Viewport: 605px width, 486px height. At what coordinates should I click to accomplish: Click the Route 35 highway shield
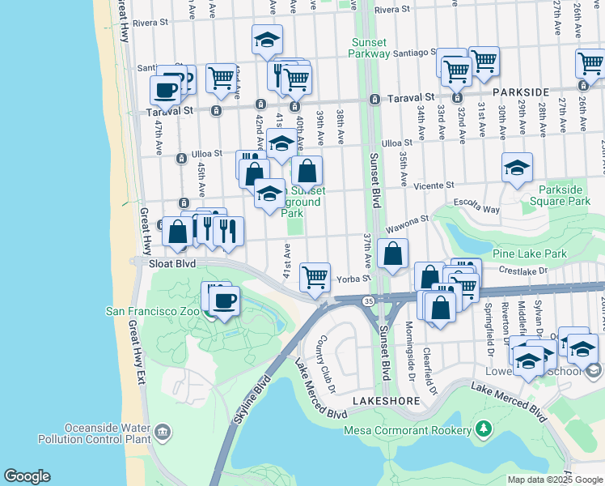(368, 301)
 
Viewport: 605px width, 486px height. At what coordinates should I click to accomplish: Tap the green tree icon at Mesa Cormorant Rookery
(484, 427)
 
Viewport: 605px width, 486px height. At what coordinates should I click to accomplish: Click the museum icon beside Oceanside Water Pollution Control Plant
(163, 431)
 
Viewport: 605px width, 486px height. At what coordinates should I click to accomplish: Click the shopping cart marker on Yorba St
(315, 276)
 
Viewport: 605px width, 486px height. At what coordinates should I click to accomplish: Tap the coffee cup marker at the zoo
(225, 301)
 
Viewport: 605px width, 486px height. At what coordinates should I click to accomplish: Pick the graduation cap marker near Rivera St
(267, 40)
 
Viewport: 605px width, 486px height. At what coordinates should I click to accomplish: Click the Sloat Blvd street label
(169, 263)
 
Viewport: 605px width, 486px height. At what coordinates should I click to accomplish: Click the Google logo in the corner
(27, 476)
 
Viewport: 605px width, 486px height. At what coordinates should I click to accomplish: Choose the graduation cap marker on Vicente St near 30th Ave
(517, 168)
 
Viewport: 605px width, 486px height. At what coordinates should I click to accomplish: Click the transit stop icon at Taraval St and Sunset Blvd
(375, 100)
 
